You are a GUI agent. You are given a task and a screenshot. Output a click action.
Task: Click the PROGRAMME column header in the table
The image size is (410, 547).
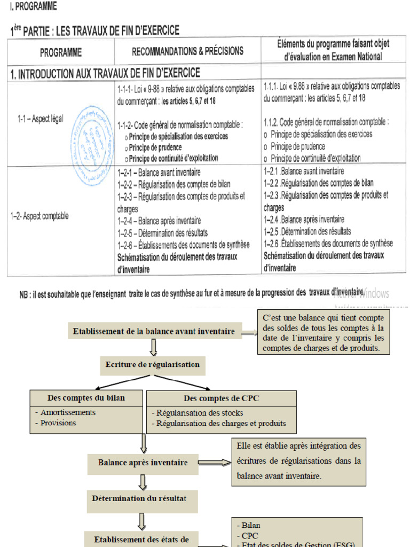(x=61, y=52)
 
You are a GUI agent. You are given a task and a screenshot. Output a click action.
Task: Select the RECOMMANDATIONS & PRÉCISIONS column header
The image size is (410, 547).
(x=187, y=51)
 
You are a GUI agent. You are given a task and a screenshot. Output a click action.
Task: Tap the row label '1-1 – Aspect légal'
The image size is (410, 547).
(x=40, y=120)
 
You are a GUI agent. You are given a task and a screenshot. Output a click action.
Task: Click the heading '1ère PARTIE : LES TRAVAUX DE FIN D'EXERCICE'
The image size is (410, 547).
(x=94, y=30)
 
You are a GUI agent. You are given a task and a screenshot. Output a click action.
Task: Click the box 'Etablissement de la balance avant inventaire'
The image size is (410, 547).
(x=154, y=331)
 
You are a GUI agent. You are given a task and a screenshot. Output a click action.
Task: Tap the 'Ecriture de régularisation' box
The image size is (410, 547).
(x=152, y=365)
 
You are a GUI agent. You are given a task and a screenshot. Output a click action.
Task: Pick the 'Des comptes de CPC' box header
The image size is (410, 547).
(x=221, y=398)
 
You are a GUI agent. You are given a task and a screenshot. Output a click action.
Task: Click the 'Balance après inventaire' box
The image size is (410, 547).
(x=143, y=463)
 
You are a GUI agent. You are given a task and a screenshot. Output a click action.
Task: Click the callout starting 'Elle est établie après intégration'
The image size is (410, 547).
(x=298, y=460)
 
